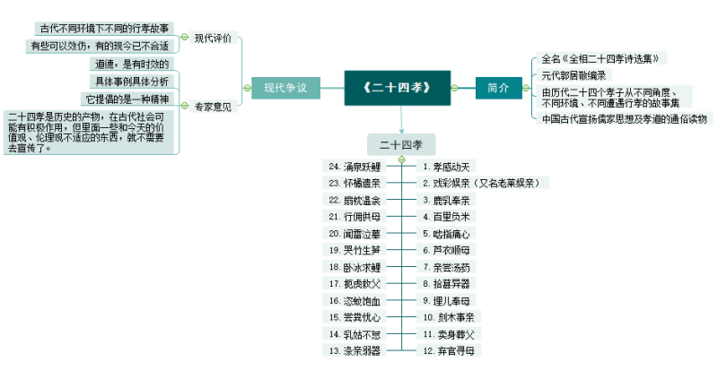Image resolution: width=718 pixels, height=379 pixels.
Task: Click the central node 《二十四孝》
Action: [398, 88]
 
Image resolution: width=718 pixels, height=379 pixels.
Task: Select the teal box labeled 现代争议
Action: [286, 88]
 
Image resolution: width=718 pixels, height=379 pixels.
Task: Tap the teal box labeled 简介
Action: [497, 88]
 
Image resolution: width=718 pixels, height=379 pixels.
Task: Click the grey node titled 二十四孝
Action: [400, 143]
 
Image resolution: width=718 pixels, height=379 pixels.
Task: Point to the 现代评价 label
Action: [213, 38]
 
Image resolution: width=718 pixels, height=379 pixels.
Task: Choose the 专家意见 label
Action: [213, 107]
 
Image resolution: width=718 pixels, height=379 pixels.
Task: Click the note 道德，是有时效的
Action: [131, 65]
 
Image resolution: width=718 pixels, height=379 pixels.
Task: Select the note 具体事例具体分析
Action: [131, 82]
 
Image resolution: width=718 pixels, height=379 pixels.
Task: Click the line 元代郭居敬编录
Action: [574, 75]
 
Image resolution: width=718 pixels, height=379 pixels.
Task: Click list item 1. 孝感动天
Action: [446, 167]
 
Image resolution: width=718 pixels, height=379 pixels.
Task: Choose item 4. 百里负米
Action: [446, 217]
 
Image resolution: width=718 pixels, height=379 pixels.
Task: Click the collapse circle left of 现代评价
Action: [185, 38]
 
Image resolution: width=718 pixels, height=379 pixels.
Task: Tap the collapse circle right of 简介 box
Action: [530, 88]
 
